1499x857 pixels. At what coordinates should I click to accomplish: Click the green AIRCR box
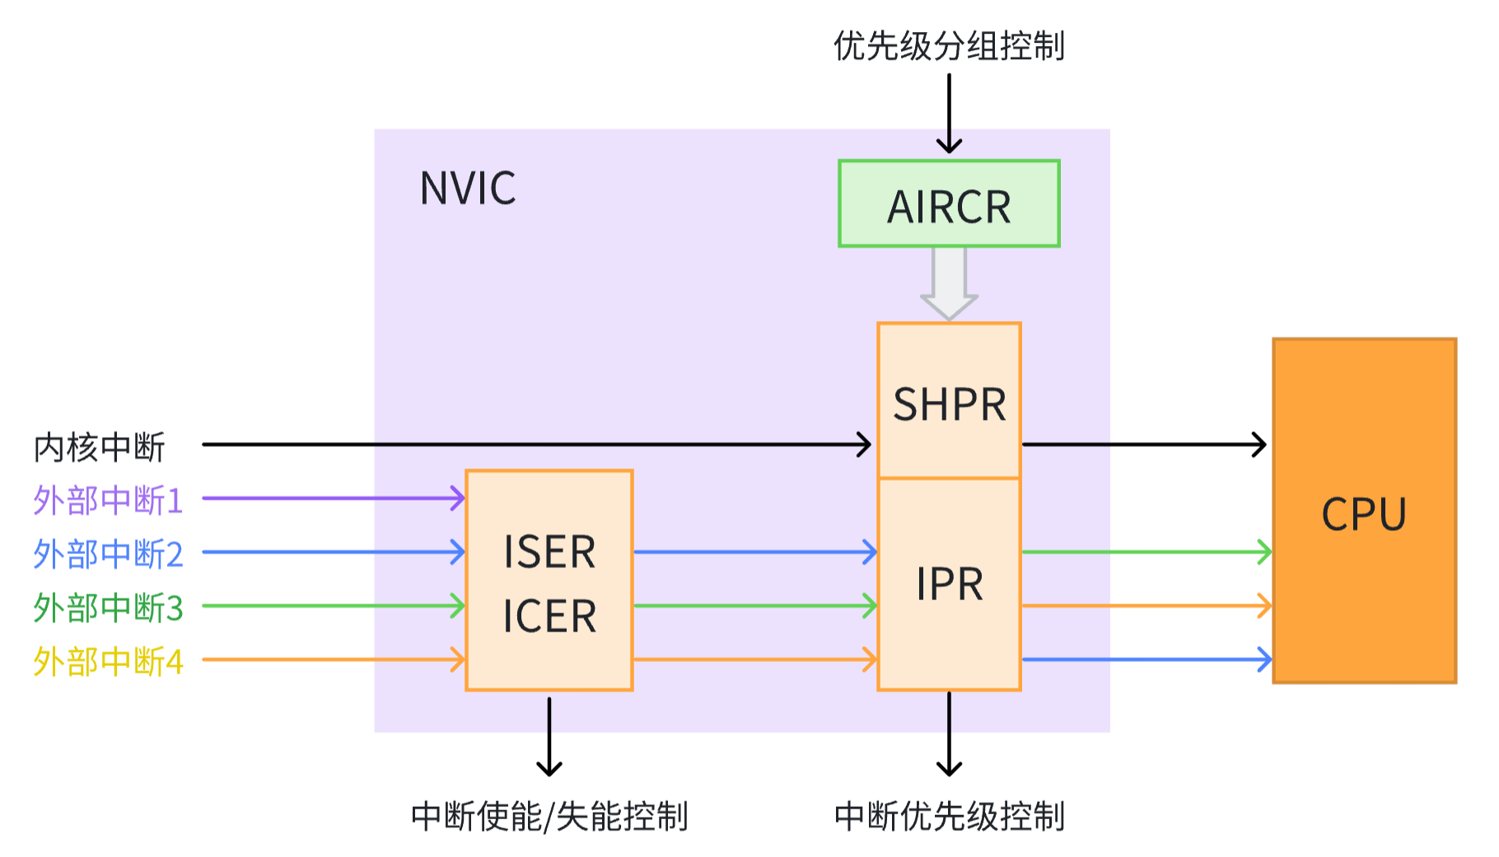tap(949, 204)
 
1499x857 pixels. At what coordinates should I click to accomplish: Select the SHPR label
tap(950, 404)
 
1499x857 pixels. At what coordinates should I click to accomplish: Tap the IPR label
tap(950, 585)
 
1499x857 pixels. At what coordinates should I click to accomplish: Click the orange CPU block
tap(1364, 511)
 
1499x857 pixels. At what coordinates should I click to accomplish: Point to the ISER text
tap(549, 552)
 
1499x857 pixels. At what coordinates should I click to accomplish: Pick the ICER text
tap(549, 617)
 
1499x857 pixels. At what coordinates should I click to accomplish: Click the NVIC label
tap(468, 188)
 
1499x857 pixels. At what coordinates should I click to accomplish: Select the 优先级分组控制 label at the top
tap(949, 46)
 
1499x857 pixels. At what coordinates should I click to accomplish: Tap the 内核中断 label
tap(100, 447)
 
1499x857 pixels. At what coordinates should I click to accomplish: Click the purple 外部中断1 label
tap(108, 500)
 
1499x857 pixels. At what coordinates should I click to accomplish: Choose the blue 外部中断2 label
tap(108, 554)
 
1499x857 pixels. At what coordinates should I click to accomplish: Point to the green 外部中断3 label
tap(108, 608)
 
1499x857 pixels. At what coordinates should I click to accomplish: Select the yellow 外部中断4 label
tap(108, 661)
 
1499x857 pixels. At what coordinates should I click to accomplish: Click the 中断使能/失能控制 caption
tap(549, 817)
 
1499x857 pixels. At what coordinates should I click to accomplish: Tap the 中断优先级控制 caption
tap(949, 817)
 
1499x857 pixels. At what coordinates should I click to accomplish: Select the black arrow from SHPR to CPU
tap(1145, 445)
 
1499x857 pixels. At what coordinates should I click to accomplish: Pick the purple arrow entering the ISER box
tap(334, 498)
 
